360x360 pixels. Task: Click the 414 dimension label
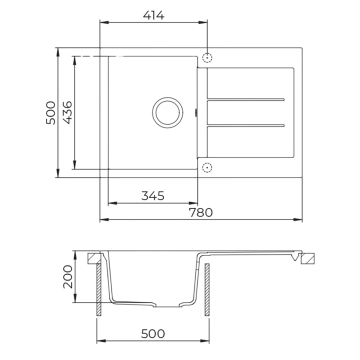pyautogui.click(x=153, y=15)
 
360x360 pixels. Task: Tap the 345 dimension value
pyautogui.click(x=153, y=195)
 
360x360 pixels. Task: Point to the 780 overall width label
pyautogui.click(x=201, y=212)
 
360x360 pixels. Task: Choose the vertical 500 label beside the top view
pyautogui.click(x=50, y=113)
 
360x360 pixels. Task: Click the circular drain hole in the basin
pyautogui.click(x=166, y=112)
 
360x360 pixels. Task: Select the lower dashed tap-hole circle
pyautogui.click(x=207, y=167)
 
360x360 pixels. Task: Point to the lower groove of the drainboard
pyautogui.click(x=246, y=123)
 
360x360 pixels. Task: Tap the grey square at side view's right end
pyautogui.click(x=308, y=258)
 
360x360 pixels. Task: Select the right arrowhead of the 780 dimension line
pyautogui.click(x=300, y=219)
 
